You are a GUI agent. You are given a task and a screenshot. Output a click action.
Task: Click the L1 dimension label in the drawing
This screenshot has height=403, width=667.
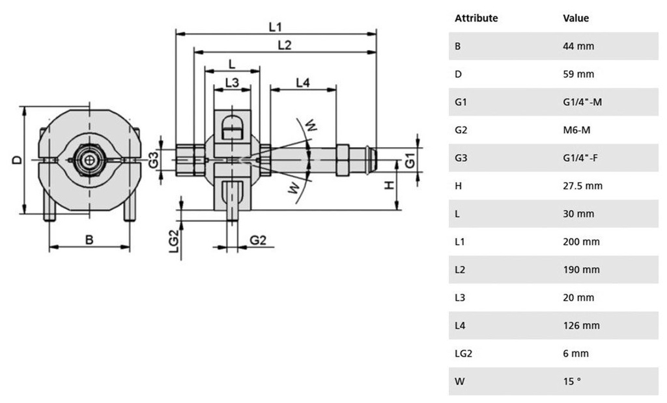point(276,27)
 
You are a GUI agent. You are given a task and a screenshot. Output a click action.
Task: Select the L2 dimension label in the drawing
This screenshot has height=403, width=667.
point(284,45)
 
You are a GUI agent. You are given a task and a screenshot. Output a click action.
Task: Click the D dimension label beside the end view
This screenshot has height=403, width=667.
point(18,160)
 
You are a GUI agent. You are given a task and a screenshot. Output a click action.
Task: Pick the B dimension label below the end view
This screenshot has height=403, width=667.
point(89,240)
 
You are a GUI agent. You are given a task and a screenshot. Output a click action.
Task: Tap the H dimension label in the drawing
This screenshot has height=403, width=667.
point(389,186)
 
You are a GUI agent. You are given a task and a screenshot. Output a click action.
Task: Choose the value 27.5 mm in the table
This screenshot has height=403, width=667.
point(582,186)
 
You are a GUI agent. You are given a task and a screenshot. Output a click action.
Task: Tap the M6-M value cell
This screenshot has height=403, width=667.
point(578,130)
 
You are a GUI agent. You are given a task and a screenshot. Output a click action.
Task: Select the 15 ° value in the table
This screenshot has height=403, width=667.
point(572,381)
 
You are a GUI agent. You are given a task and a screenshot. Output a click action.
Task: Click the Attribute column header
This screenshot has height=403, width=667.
point(476,18)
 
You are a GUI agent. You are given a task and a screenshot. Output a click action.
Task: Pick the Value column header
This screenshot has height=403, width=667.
point(575,18)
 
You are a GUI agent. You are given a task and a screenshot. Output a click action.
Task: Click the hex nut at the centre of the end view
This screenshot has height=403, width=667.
point(87,158)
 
